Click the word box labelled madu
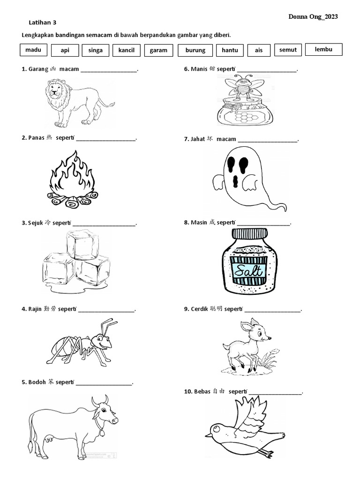pyautogui.click(x=33, y=50)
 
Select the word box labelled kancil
pyautogui.click(x=127, y=50)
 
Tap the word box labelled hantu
pyautogui.click(x=230, y=50)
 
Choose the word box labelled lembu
pyautogui.click(x=323, y=49)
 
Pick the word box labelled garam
pyautogui.click(x=158, y=50)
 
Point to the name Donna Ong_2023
pyautogui.click(x=313, y=16)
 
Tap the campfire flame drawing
pyautogui.click(x=72, y=173)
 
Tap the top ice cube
pyautogui.click(x=82, y=244)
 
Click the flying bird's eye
pyautogui.click(x=216, y=427)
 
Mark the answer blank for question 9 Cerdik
pyautogui.click(x=272, y=309)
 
